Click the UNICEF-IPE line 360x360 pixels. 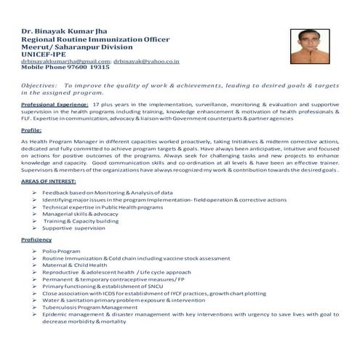[44, 55]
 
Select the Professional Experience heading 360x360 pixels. [49, 105]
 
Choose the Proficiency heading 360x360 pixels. [36, 239]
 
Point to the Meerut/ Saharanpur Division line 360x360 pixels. [71, 47]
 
